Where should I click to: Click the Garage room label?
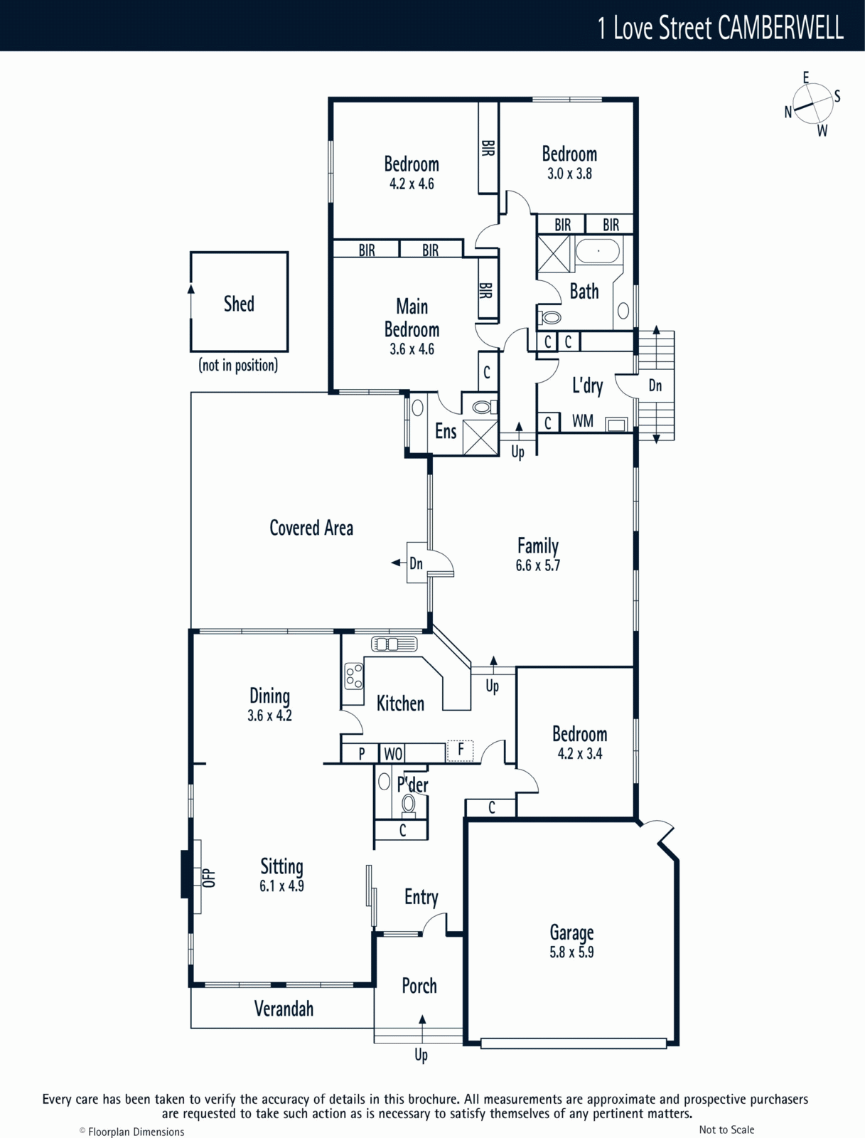[x=572, y=932]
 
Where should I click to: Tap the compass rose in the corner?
[x=812, y=105]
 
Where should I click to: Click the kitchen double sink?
[x=394, y=644]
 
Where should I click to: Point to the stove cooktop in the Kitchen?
[x=354, y=676]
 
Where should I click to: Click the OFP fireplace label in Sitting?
[x=209, y=877]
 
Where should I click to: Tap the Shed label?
[x=239, y=304]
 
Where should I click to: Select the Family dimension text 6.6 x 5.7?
[x=537, y=565]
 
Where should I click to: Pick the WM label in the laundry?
[x=583, y=420]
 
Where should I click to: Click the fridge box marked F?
[x=460, y=750]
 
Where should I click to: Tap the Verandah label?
[x=284, y=1009]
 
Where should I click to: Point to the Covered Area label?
[x=311, y=528]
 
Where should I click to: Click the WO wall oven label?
[x=393, y=754]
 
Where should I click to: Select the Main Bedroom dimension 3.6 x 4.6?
[x=412, y=349]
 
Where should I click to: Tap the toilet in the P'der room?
[x=408, y=804]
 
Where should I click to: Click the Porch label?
[x=419, y=986]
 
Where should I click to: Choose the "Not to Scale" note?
[x=726, y=1129]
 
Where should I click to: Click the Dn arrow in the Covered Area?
[x=398, y=563]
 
